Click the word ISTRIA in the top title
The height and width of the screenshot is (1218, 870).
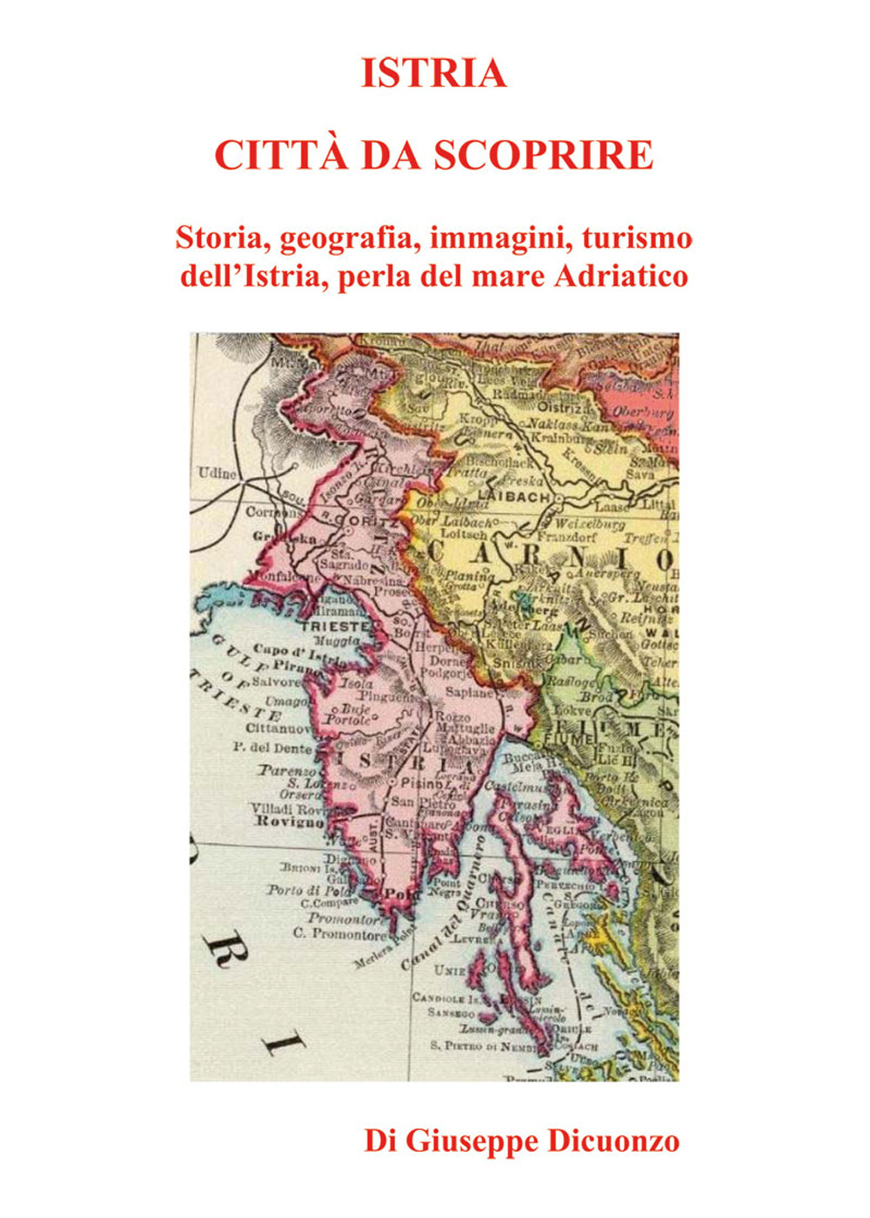coord(433,73)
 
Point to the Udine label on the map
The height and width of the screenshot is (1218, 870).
coord(217,473)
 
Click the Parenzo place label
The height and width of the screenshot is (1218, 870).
coord(287,771)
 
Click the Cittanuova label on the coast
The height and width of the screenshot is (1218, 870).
coord(278,727)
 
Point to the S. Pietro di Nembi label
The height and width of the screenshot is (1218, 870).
coord(484,1045)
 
